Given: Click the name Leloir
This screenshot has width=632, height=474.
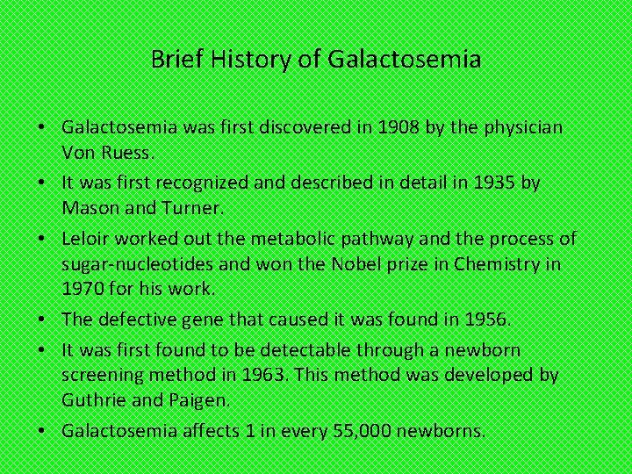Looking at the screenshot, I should (86, 239).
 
